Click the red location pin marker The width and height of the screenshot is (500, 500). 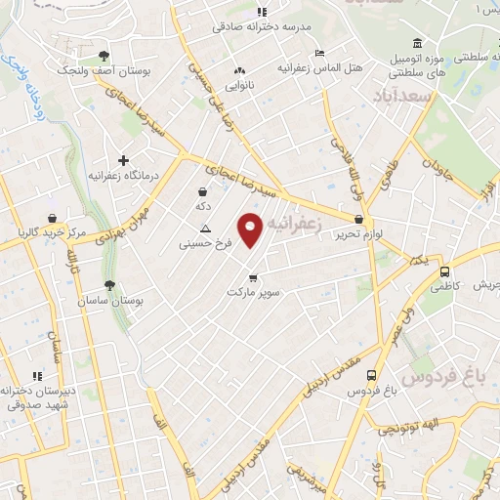click(x=251, y=229)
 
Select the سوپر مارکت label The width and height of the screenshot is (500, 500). click(x=254, y=292)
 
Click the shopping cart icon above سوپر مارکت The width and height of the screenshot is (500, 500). click(x=254, y=277)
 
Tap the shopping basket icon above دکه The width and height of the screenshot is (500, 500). click(x=202, y=191)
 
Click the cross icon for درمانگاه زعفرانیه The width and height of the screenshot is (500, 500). click(x=123, y=160)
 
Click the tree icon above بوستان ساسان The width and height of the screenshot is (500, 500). click(x=110, y=285)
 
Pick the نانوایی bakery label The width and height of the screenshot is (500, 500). click(x=237, y=85)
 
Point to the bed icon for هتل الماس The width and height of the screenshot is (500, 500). click(x=317, y=53)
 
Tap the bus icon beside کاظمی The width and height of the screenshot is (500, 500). click(x=445, y=272)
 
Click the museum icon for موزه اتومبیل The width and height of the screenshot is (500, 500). click(x=418, y=45)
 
